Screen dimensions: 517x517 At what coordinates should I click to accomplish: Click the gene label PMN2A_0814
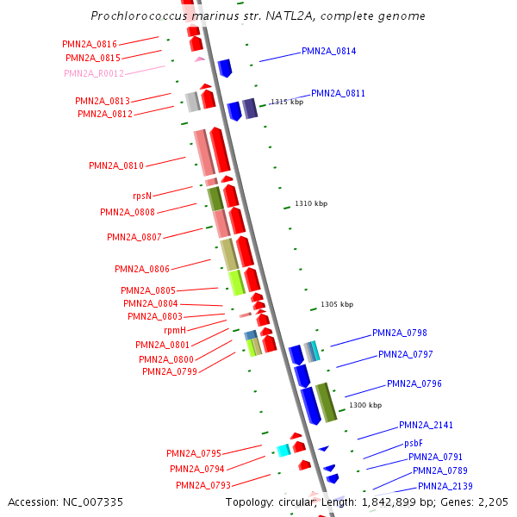coord(328,52)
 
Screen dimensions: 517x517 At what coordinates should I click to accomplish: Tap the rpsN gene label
coord(142,196)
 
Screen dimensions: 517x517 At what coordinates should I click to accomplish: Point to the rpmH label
coord(175,330)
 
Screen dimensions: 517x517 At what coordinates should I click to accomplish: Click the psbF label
coord(414,444)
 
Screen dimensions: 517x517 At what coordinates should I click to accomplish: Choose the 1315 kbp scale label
coord(287,102)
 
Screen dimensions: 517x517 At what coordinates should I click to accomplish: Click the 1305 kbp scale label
coord(337,304)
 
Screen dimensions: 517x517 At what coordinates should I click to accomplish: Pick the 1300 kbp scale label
coord(364,405)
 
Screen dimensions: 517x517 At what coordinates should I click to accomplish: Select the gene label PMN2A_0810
coord(116,165)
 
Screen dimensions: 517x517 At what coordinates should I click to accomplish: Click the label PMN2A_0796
coord(414,384)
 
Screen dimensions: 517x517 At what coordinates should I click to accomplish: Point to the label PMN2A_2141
coord(426,426)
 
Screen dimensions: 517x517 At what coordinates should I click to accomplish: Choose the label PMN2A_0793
coord(203,486)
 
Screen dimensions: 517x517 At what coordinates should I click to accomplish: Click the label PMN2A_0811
coord(338,94)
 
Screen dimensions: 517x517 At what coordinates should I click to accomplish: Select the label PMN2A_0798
coord(399,333)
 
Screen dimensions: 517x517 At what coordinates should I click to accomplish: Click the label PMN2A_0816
coord(90,44)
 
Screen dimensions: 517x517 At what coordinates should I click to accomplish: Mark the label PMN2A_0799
coord(170,372)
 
